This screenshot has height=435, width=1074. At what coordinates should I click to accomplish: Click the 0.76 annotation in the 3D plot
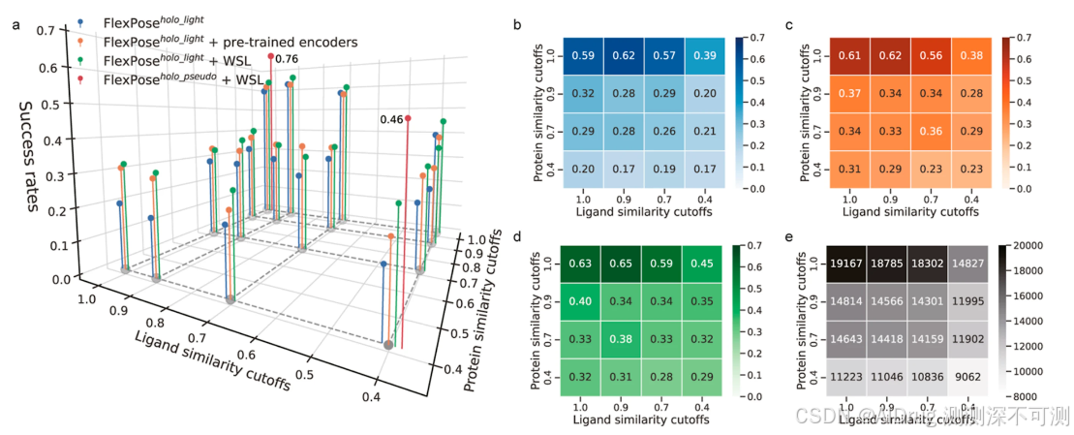tap(287, 59)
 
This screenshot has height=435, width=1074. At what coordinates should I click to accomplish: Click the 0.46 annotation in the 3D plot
tap(391, 119)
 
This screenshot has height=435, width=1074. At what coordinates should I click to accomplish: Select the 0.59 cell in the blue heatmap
tap(584, 56)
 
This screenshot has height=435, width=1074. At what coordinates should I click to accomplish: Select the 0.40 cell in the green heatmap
tap(583, 300)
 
